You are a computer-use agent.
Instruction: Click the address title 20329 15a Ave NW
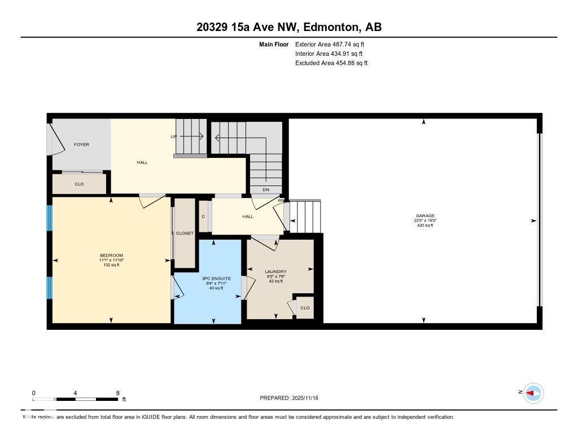[288, 27]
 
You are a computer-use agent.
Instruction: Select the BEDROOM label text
[111, 255]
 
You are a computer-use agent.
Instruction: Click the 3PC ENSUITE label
[213, 279]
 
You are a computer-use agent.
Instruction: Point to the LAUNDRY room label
[276, 272]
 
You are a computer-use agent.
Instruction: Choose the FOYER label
[81, 145]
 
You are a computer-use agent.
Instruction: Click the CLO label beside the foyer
[79, 184]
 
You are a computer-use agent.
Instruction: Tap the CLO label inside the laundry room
[305, 308]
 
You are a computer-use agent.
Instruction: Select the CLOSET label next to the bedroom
[185, 233]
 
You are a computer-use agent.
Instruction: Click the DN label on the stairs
[266, 189]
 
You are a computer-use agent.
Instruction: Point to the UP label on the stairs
[174, 136]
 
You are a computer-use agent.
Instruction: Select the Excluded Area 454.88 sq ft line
[331, 63]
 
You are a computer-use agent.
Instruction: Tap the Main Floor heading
[274, 44]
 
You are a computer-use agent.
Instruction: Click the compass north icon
[533, 392]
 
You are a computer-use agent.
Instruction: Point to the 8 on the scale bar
[117, 393]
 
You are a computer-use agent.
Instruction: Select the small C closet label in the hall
[203, 217]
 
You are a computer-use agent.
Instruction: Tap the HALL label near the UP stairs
[142, 162]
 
